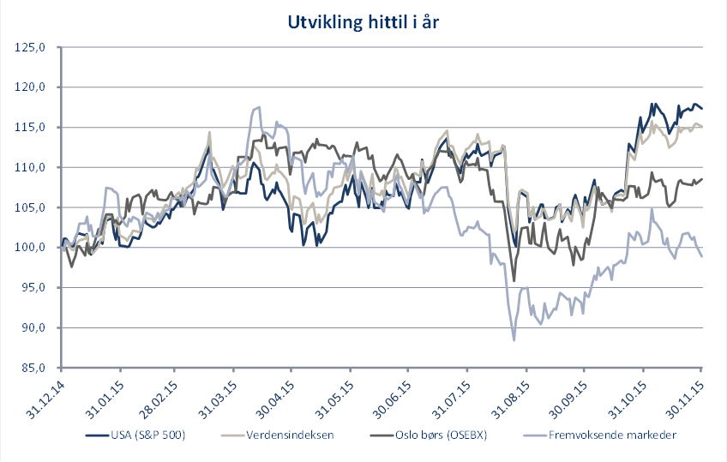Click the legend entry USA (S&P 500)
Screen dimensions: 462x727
[x=146, y=435]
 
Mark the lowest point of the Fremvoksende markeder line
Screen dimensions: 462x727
[x=514, y=340]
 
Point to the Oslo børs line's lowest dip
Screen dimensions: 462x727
[x=514, y=280]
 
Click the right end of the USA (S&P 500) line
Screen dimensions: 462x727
[x=702, y=108]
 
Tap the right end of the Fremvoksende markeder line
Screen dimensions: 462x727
[x=702, y=256]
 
